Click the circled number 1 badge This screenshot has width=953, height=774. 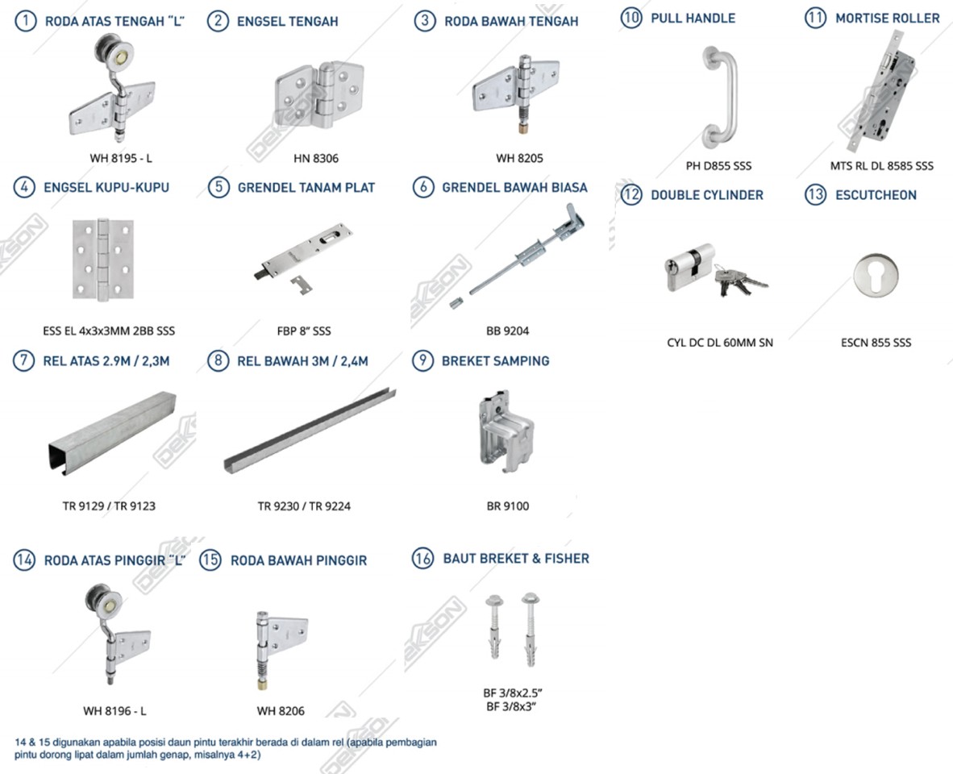(25, 21)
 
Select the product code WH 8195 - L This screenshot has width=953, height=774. (121, 158)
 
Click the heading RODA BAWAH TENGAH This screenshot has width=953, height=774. (511, 22)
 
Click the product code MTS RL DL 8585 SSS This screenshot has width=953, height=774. (881, 166)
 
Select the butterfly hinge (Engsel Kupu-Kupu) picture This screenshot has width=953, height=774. (102, 260)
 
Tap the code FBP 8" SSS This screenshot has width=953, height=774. (304, 331)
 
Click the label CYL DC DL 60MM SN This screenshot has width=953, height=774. (719, 343)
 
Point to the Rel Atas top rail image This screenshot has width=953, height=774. (110, 436)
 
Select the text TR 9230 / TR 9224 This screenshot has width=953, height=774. (304, 506)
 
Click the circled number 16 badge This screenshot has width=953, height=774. (422, 558)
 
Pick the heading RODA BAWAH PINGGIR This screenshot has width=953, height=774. (298, 560)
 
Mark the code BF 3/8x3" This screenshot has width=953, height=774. (511, 706)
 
